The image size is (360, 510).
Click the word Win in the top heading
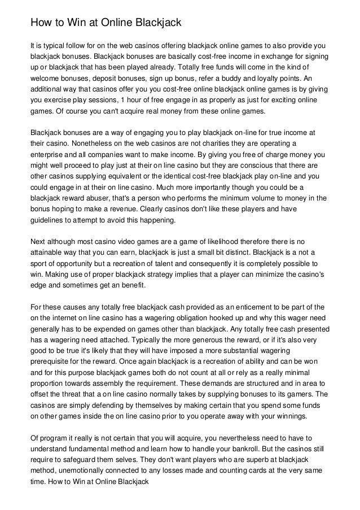(72, 23)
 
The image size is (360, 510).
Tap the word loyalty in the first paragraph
(270, 79)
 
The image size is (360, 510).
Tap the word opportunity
(73, 264)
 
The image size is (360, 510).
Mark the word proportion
(50, 384)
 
